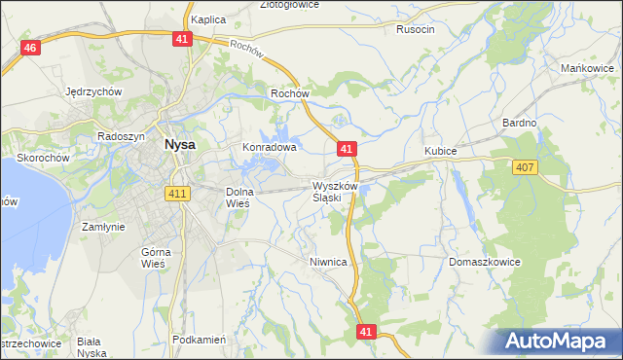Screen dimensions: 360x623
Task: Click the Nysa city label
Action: click(179, 143)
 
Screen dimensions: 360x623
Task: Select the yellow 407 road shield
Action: click(524, 168)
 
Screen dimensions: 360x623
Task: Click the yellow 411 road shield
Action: click(176, 193)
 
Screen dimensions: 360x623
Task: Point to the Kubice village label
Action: click(440, 152)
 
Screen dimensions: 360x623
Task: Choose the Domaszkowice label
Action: click(486, 263)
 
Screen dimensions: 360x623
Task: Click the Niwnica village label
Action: click(328, 262)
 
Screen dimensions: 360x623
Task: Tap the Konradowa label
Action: click(269, 148)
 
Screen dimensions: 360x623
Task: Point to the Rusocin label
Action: click(416, 29)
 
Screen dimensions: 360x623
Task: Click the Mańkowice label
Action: click(586, 68)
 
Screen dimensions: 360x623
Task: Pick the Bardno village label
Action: click(519, 123)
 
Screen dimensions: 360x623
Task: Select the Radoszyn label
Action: click(122, 137)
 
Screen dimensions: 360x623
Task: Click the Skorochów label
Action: click(41, 158)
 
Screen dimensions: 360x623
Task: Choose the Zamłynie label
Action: click(103, 227)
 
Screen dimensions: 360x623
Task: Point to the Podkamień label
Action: click(199, 340)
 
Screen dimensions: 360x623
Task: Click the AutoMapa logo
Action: click(556, 342)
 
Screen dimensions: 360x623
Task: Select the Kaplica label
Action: click(208, 18)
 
